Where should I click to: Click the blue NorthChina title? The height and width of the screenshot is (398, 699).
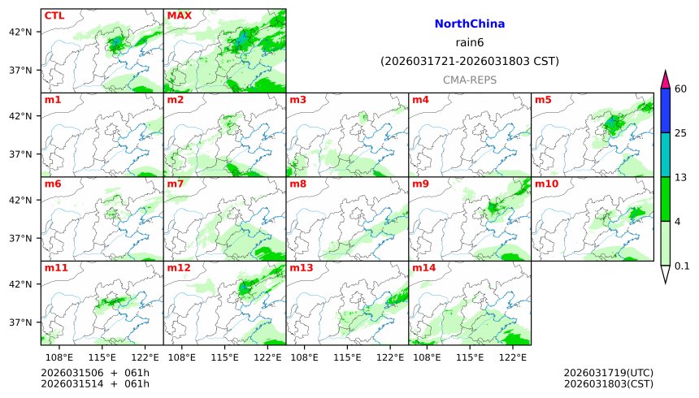pos(470,25)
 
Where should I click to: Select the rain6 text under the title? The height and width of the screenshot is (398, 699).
pos(470,43)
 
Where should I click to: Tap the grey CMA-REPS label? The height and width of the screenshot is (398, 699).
pos(470,80)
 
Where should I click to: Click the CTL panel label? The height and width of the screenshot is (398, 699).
pos(54,15)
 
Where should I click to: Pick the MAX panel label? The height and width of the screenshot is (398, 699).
pos(180,15)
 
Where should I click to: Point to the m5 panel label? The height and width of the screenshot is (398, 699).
pos(543,100)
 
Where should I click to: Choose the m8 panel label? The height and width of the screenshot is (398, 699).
pos(297,184)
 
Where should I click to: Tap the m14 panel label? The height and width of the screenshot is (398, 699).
pos(423,267)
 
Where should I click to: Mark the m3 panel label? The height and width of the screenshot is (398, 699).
pos(297,100)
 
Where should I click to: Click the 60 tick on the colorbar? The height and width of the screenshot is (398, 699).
pos(681,89)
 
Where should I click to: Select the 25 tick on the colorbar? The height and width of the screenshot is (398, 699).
pos(681,133)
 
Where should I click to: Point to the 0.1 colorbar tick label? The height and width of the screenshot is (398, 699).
pos(682,266)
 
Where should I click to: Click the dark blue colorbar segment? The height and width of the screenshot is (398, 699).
pos(666,110)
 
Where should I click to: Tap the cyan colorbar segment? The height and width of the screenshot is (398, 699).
pos(666,155)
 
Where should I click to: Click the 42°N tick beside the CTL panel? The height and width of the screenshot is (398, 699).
pos(20,32)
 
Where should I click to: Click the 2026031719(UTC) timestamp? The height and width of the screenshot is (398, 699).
pos(608,373)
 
